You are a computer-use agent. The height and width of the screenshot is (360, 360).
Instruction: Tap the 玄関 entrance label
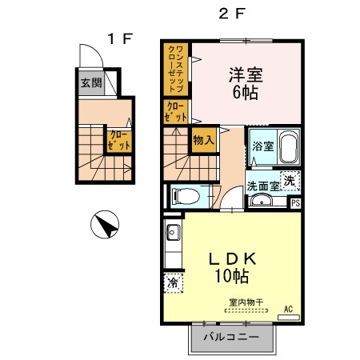90,82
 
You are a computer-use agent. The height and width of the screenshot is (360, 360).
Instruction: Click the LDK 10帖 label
231,267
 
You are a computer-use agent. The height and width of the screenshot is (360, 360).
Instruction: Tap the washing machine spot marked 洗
293,181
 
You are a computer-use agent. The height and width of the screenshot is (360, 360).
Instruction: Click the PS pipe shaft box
296,202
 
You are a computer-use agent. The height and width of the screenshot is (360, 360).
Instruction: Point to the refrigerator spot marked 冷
172,282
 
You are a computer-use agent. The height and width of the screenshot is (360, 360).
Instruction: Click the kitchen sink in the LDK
172,234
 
